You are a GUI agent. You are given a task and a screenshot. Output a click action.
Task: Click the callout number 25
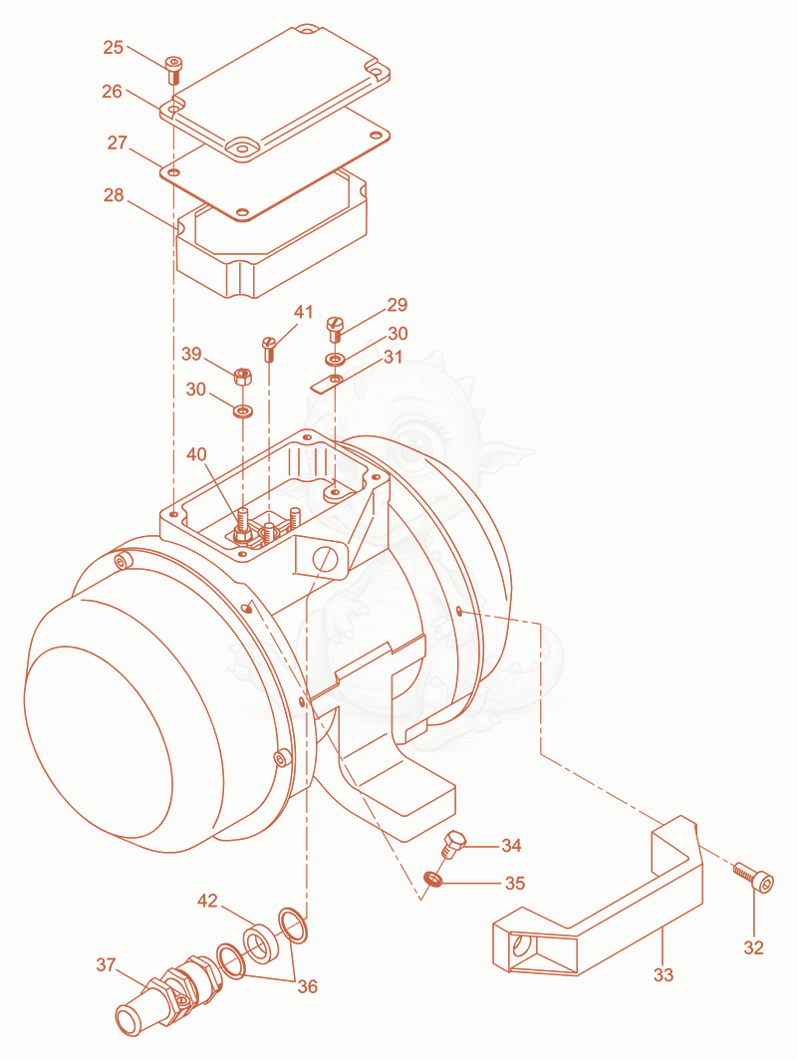tap(113, 48)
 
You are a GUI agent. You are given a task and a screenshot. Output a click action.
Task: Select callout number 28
tap(114, 195)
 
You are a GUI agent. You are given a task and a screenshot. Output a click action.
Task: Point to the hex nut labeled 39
tap(242, 377)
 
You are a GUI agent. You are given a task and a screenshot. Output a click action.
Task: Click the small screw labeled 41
tap(269, 349)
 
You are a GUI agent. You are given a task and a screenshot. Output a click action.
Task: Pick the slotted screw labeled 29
tap(336, 329)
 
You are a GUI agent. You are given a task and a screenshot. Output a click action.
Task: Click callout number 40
tap(196, 454)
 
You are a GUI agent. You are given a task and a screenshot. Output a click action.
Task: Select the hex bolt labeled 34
tap(452, 844)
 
